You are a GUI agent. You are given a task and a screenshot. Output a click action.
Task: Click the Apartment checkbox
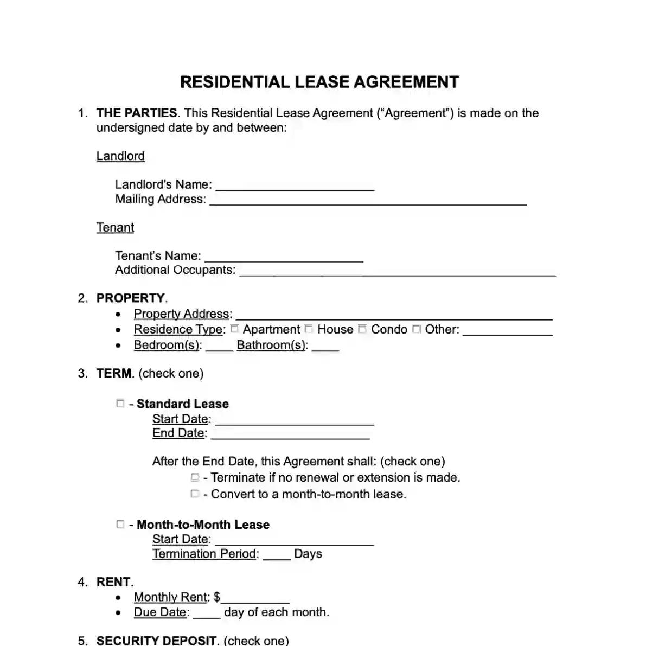tap(235, 329)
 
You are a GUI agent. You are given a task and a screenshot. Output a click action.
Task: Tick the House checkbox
tap(309, 329)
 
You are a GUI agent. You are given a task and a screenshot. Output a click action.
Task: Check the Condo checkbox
tap(362, 329)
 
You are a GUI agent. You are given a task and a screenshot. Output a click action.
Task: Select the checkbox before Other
tap(416, 329)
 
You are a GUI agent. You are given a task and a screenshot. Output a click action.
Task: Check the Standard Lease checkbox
tap(120, 403)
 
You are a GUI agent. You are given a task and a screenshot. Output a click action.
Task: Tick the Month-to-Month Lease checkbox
tap(120, 524)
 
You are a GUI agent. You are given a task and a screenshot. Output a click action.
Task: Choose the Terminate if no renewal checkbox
tap(195, 477)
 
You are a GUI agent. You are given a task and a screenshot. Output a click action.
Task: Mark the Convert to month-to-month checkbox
tap(195, 494)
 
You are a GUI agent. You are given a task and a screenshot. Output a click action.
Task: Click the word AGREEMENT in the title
tap(406, 82)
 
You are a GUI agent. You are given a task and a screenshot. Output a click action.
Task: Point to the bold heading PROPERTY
tap(130, 298)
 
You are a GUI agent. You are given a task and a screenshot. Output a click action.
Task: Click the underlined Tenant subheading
tap(115, 227)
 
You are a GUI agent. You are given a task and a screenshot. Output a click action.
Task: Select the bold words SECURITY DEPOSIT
tap(157, 641)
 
